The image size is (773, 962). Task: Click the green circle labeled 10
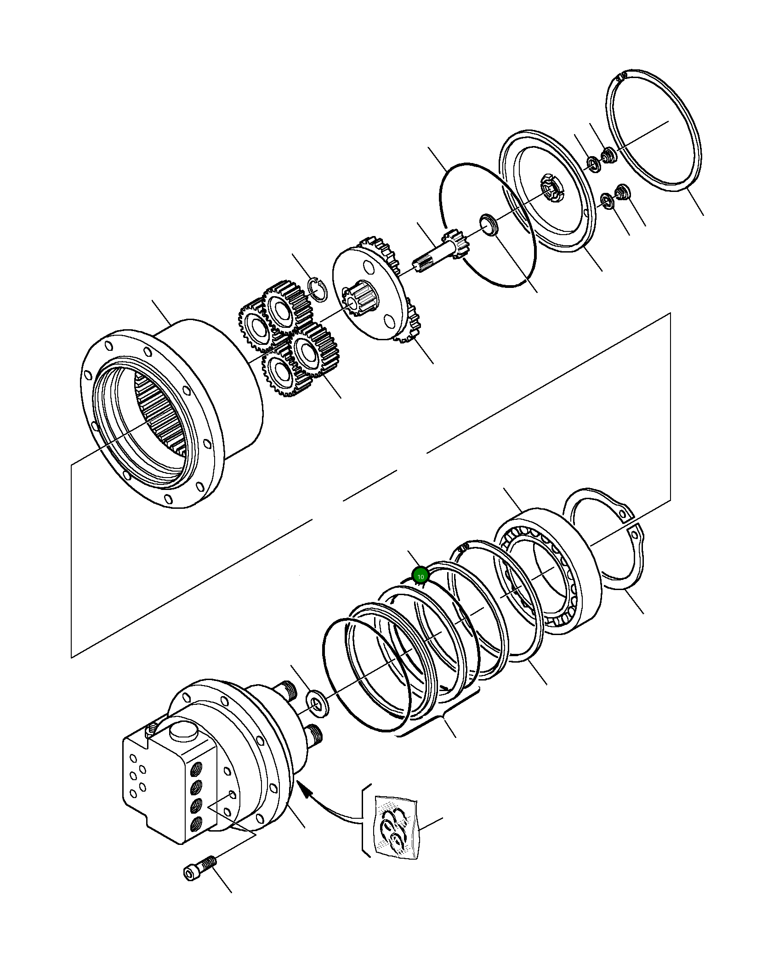click(420, 575)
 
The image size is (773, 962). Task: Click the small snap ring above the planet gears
click(317, 289)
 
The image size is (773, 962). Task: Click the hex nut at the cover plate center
click(551, 188)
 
